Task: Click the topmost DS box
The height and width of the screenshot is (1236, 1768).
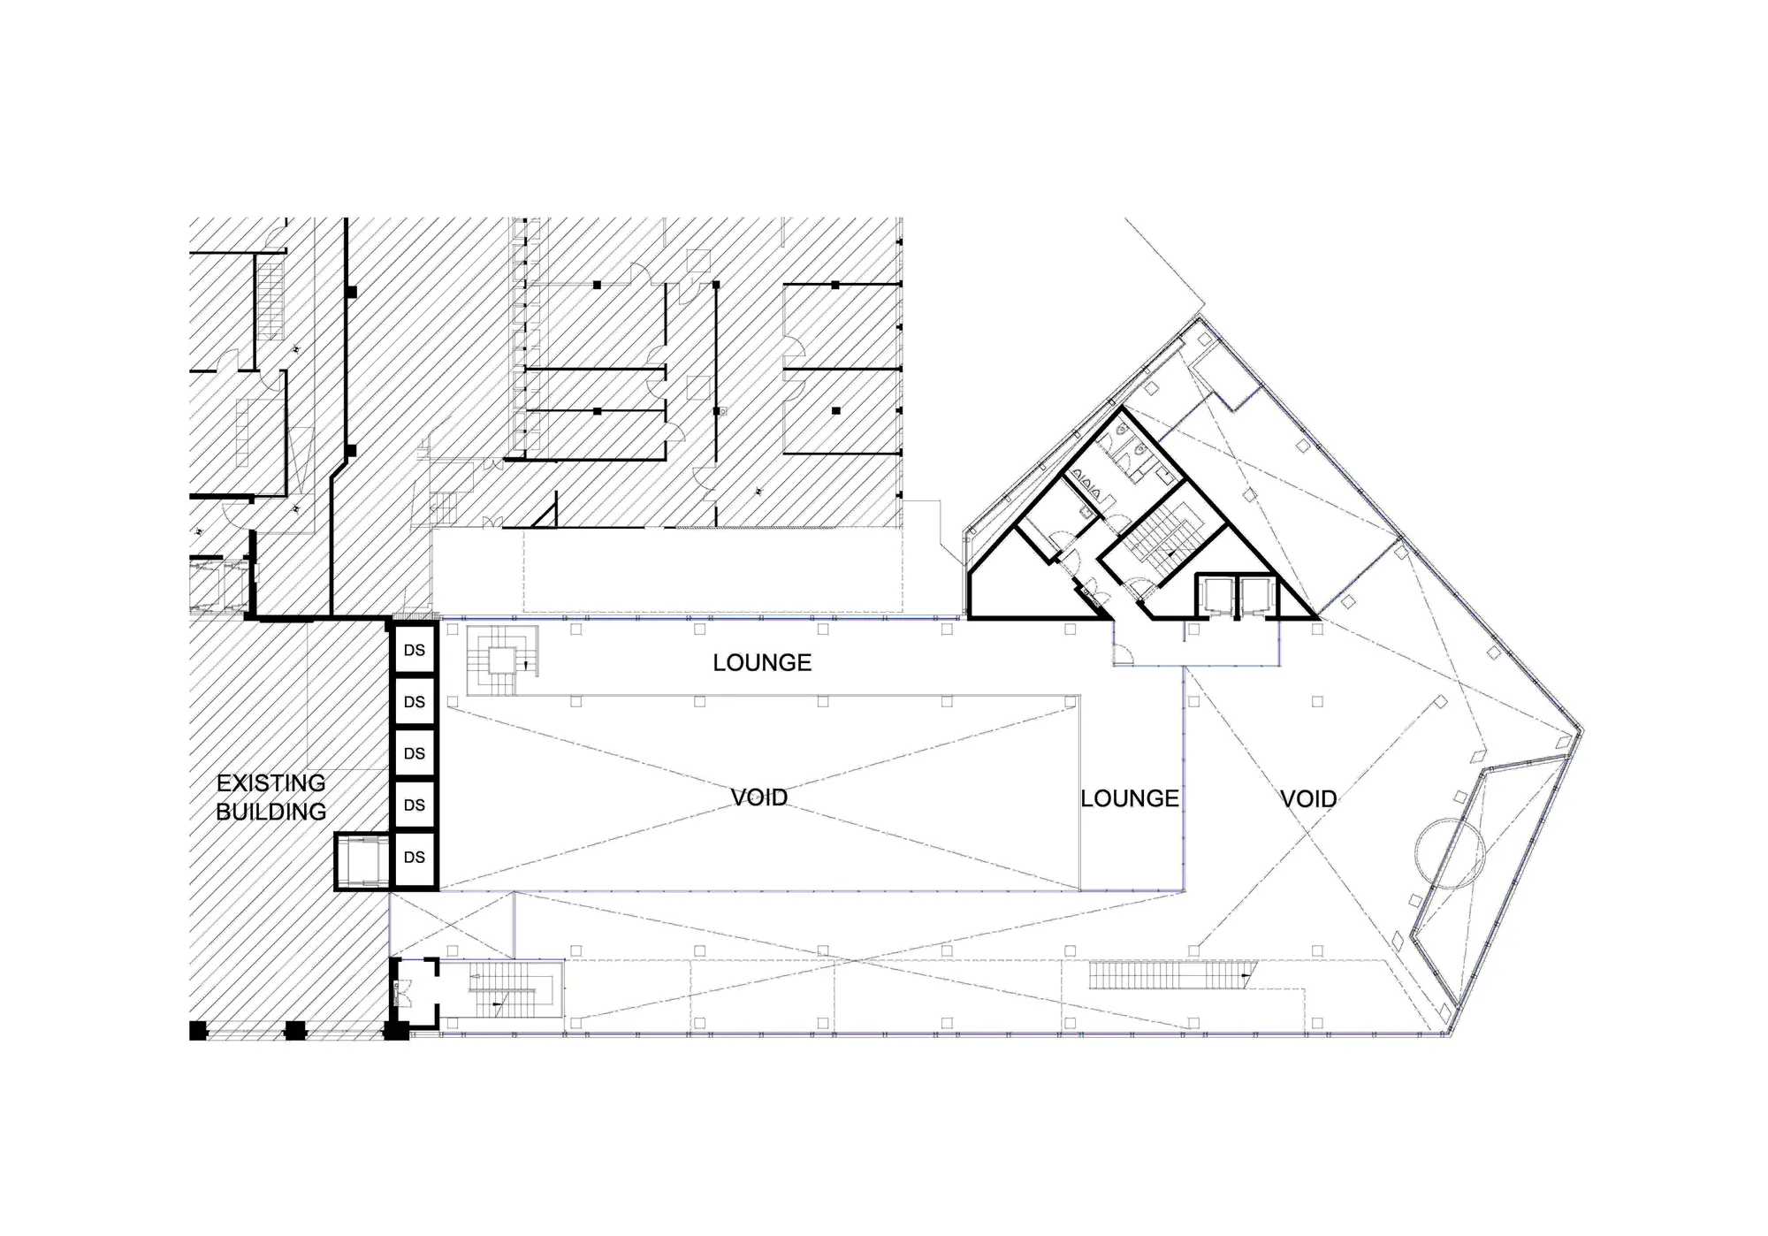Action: tap(415, 650)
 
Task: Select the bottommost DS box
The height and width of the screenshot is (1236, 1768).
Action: tap(415, 858)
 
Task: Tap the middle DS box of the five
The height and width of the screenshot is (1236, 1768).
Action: tap(415, 753)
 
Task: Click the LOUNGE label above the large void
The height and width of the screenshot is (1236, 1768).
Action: tap(762, 663)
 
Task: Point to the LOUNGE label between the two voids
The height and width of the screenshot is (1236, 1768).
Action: tap(1130, 798)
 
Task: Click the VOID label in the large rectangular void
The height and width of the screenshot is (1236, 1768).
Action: tap(759, 797)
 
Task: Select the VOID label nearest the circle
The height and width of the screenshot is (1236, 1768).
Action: tap(1308, 799)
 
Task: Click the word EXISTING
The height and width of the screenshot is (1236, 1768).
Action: tap(271, 783)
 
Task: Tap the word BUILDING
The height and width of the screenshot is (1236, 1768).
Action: tap(271, 812)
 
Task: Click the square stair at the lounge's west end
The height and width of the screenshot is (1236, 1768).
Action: tap(502, 660)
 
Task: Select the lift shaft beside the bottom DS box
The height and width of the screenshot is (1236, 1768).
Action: tap(362, 861)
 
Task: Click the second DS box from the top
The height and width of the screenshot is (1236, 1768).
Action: tap(415, 702)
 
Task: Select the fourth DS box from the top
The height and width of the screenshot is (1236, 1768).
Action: tap(415, 805)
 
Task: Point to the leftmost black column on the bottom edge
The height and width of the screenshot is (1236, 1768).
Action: tap(198, 1030)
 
